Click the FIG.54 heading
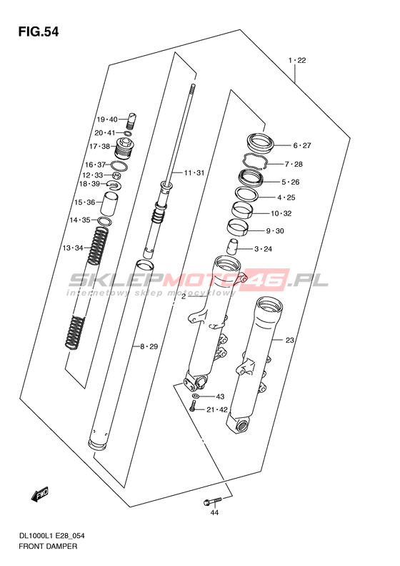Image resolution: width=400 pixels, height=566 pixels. pyautogui.click(x=39, y=32)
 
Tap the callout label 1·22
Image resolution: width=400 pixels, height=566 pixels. pyautogui.click(x=297, y=60)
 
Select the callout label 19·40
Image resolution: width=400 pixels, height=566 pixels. pyautogui.click(x=107, y=119)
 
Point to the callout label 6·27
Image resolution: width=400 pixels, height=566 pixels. pyautogui.click(x=301, y=145)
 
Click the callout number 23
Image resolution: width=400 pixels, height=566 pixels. pyautogui.click(x=290, y=340)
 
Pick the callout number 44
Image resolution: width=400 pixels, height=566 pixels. pyautogui.click(x=214, y=512)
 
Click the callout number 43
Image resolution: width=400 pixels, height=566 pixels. pyautogui.click(x=220, y=396)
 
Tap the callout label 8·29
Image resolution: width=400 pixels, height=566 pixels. pyautogui.click(x=149, y=347)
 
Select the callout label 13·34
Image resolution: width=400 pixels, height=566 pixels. pyautogui.click(x=73, y=248)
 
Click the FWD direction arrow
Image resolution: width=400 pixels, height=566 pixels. pyautogui.click(x=39, y=494)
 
